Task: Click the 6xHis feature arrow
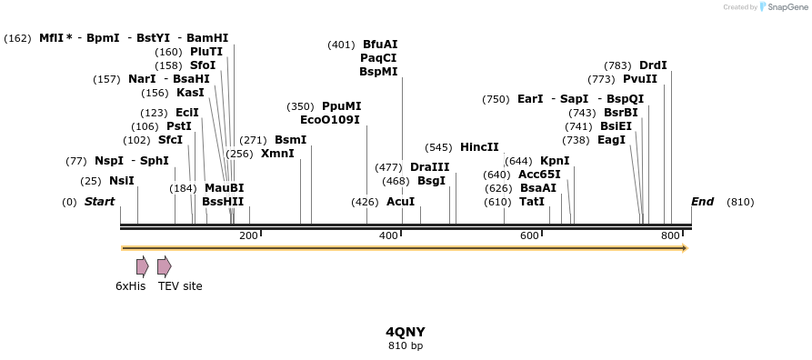pos(142,266)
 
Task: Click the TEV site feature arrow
pos(164,266)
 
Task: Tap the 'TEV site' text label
pos(180,286)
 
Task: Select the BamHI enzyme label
pos(207,38)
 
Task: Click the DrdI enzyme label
pos(653,65)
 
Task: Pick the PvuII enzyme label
pos(639,79)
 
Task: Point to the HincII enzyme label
pos(479,147)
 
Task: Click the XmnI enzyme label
pos(277,154)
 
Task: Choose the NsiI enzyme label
pos(121,181)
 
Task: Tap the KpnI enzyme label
pos(555,161)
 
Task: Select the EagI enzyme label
pos(611,140)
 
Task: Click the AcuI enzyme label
pos(400,202)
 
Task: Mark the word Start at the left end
pos(99,202)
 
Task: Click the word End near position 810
pos(702,202)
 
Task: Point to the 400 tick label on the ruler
pos(388,236)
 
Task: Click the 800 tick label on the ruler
pos(671,236)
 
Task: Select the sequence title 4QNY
pos(406,332)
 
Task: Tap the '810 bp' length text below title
pos(406,345)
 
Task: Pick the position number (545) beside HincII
pos(438,147)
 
